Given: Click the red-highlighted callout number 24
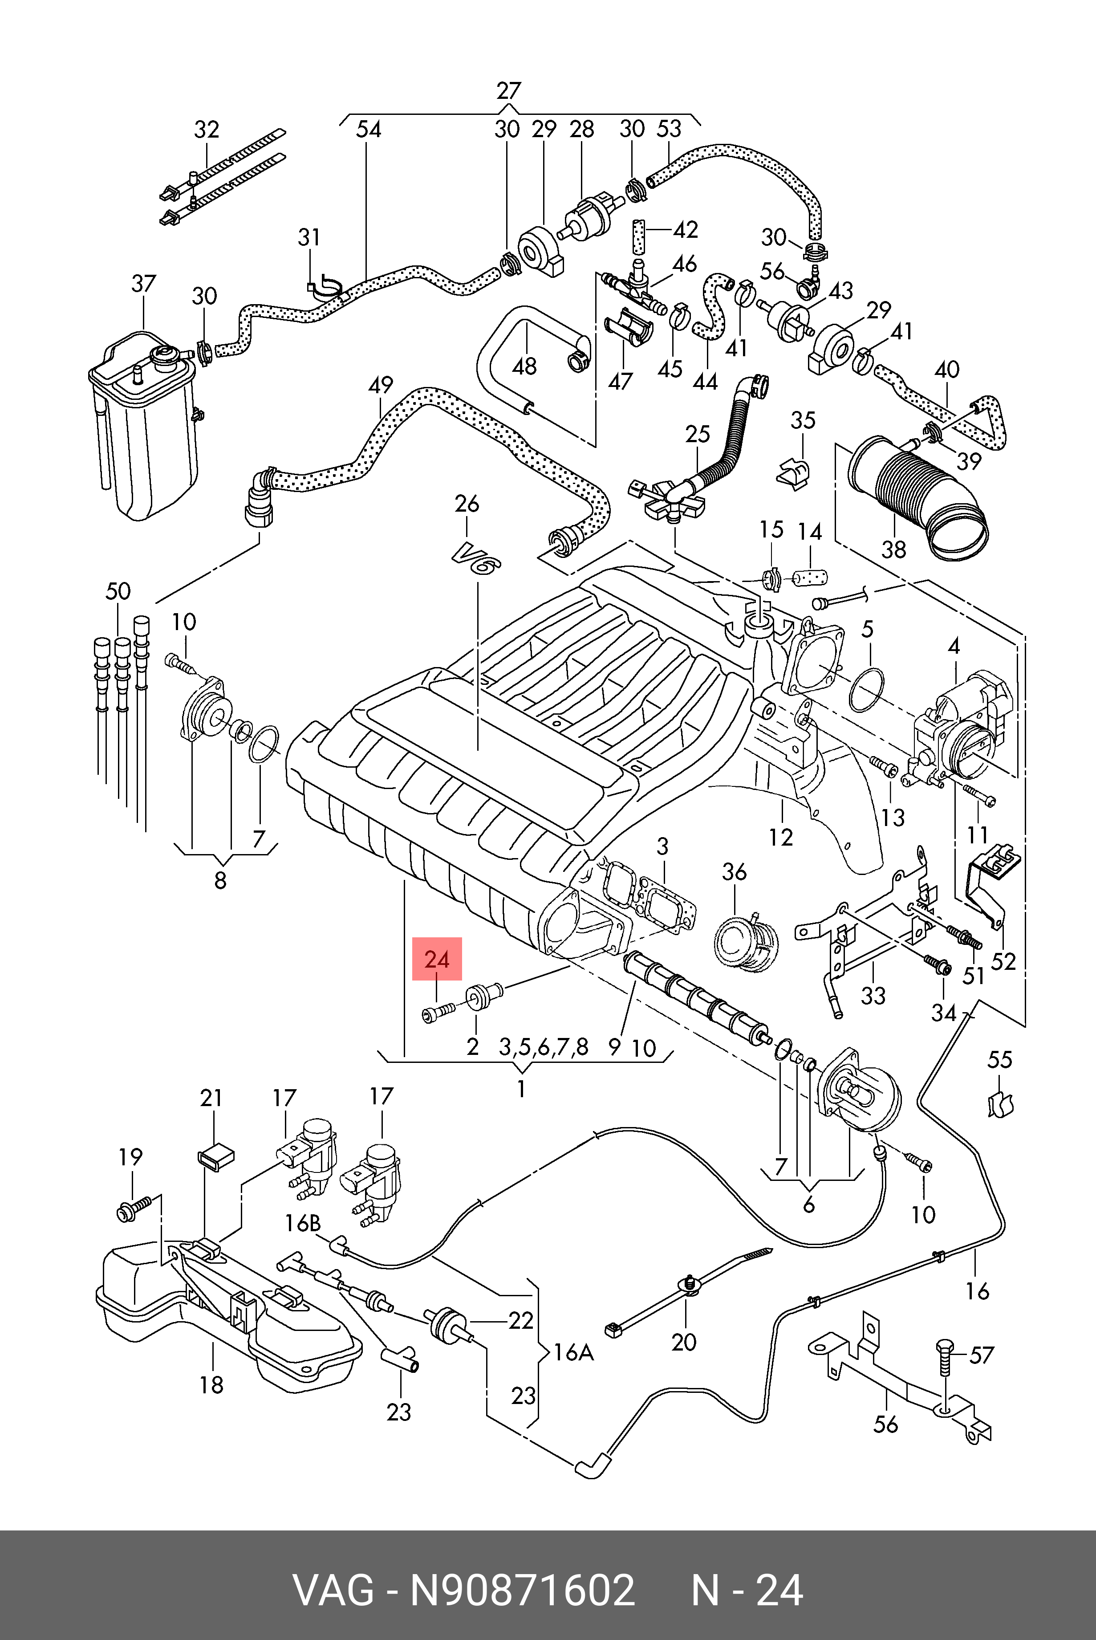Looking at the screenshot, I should (437, 959).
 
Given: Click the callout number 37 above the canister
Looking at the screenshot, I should (143, 284).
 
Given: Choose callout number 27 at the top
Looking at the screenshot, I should (509, 91).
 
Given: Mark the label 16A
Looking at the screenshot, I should (573, 1353).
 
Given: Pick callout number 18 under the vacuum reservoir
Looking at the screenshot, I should (211, 1384).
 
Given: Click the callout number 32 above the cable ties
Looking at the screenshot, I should (206, 129).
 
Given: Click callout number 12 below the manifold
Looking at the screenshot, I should (781, 837).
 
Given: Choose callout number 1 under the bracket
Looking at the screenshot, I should (521, 1088).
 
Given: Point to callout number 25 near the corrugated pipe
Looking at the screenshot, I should (698, 434).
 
